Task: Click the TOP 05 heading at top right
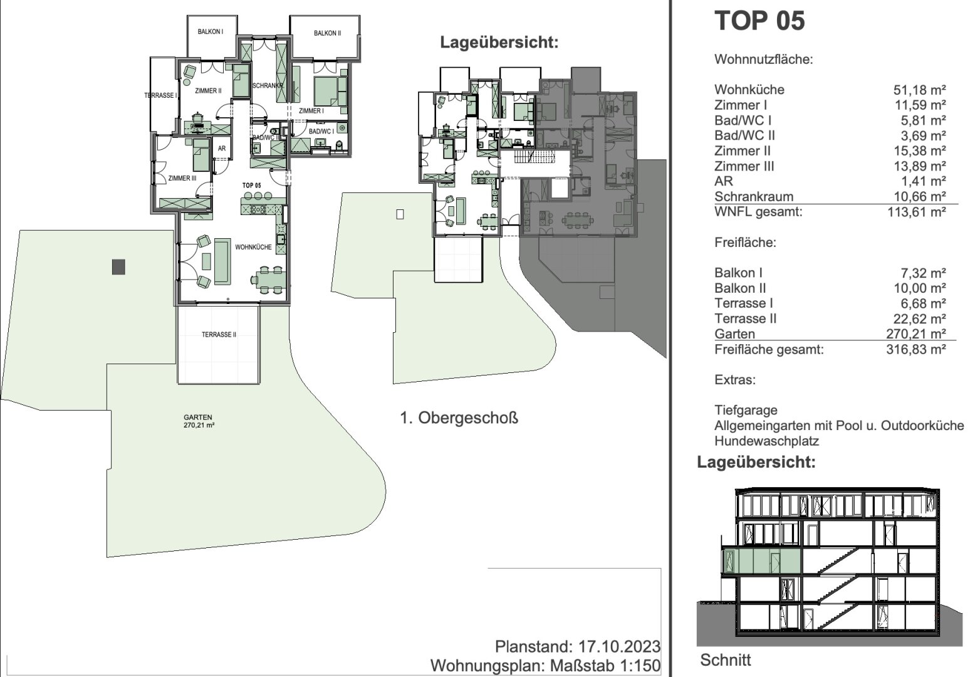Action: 759,21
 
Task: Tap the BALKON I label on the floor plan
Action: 211,32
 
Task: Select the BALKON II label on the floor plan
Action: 327,33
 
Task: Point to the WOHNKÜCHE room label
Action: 253,247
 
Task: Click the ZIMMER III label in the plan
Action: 182,178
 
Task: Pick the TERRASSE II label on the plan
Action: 219,335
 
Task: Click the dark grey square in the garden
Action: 118,267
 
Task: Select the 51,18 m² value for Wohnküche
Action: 920,90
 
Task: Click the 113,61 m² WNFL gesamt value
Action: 917,212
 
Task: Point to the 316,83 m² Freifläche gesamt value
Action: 916,349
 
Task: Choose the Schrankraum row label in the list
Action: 754,196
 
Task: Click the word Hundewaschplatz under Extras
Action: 766,441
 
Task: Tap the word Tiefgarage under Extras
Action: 746,410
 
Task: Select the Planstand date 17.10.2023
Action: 619,647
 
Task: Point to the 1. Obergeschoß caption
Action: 459,418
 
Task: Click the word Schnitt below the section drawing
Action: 726,660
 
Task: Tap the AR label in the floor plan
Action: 222,149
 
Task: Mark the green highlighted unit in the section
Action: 762,561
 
